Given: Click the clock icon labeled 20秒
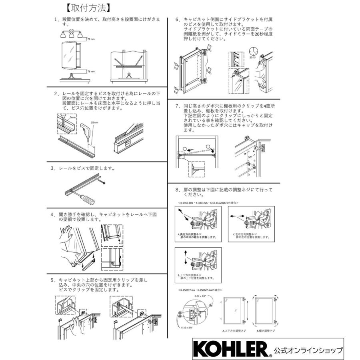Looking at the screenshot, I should click(x=253, y=51).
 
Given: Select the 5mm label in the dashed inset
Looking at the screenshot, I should click(x=72, y=118).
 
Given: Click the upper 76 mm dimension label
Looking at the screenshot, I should click(x=91, y=39).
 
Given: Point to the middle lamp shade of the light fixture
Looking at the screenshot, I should click(x=72, y=34).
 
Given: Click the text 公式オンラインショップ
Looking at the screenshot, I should click(x=308, y=350).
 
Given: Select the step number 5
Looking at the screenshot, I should click(x=52, y=280).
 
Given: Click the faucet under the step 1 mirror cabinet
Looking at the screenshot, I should click(x=72, y=74).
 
